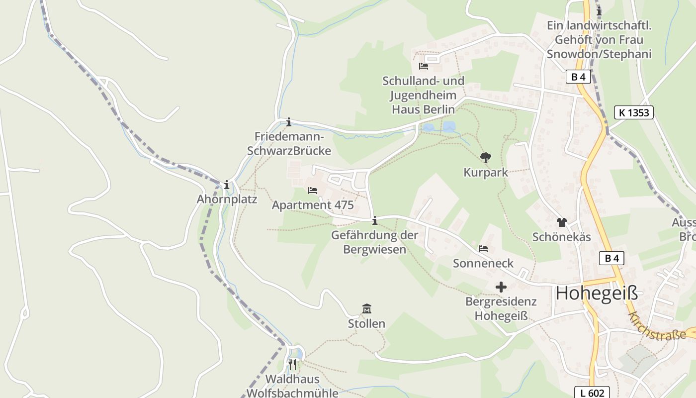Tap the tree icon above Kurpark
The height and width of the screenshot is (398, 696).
(486, 158)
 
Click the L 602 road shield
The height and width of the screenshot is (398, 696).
(592, 393)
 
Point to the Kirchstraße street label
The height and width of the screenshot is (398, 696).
(657, 326)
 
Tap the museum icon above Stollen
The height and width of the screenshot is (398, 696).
(367, 309)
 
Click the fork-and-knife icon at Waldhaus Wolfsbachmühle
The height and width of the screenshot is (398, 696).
(292, 365)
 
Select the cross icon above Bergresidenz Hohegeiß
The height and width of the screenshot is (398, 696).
(501, 287)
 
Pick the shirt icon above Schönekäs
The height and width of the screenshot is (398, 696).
(561, 222)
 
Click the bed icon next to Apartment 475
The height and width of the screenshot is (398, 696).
(313, 190)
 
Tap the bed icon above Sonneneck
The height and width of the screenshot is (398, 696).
(483, 248)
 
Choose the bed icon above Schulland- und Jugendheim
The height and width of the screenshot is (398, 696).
(424, 66)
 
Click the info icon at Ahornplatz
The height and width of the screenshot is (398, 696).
(227, 185)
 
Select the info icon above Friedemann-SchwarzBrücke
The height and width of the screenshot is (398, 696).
(289, 122)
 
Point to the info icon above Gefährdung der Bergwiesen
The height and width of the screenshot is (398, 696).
(374, 220)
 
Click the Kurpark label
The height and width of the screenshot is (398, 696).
(486, 173)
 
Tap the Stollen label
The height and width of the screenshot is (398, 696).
(366, 324)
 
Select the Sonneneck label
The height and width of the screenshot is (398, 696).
(483, 263)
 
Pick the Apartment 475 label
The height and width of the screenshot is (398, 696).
(313, 205)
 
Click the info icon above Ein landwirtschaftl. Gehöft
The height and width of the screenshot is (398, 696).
(599, 10)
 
